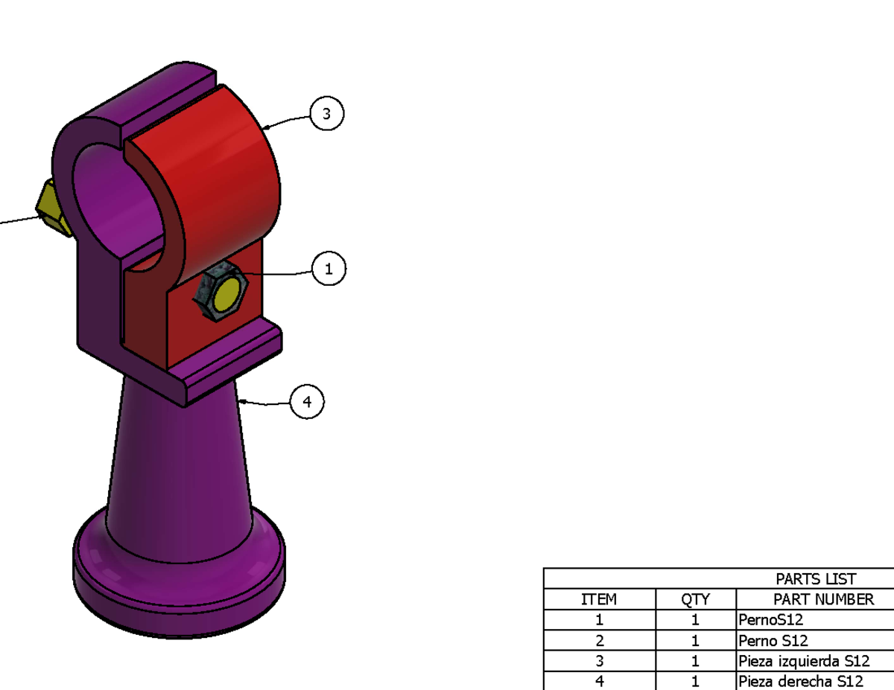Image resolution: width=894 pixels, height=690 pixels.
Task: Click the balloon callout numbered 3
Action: [326, 114]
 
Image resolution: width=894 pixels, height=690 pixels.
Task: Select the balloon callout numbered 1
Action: [329, 269]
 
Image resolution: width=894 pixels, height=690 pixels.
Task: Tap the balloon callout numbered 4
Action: [307, 403]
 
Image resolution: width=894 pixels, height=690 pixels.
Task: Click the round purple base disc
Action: [179, 581]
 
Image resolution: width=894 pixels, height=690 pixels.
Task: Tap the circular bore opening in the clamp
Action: [119, 201]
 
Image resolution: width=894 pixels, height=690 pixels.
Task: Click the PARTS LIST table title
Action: [816, 579]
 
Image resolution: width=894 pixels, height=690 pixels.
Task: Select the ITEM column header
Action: [599, 599]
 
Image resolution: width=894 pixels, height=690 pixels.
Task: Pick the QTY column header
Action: [695, 599]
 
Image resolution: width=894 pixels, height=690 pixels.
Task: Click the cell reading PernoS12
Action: [771, 619]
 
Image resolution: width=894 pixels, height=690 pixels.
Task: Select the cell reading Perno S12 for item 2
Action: [773, 640]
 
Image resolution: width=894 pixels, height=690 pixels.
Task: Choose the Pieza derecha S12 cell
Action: [800, 681]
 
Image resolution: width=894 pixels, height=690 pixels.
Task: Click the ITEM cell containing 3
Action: [599, 661]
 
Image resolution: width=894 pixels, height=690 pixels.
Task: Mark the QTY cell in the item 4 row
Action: [695, 681]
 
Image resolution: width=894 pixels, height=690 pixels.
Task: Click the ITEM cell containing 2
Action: [599, 640]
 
